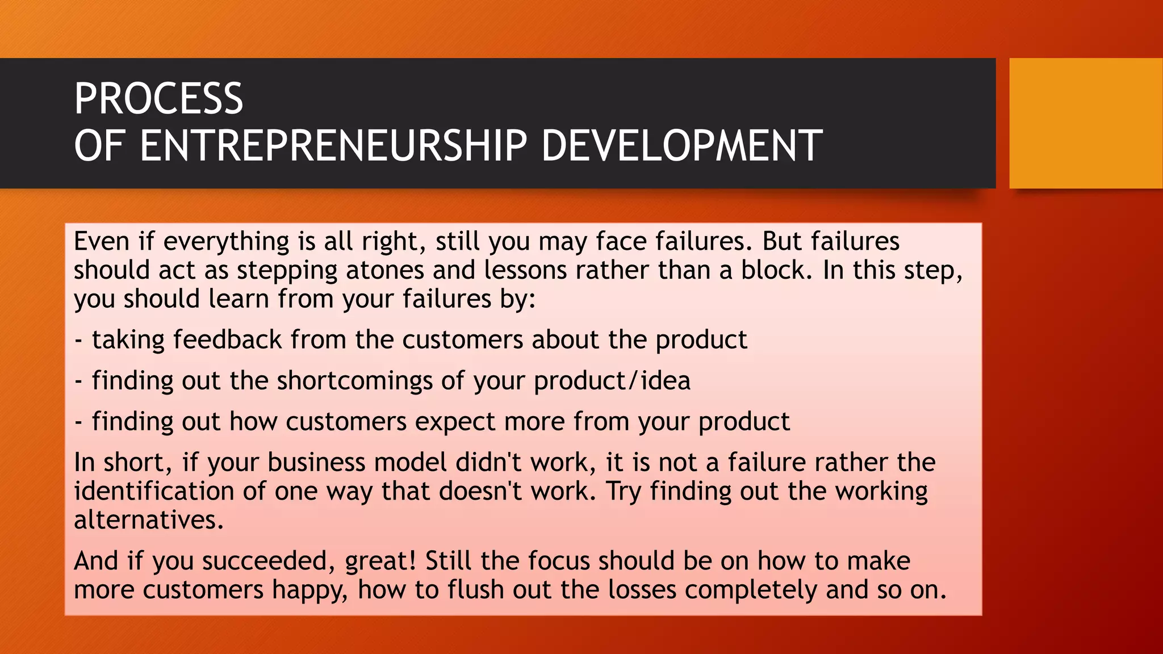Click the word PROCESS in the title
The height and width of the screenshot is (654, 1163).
pos(158,99)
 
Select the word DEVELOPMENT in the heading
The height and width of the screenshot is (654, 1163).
pos(681,146)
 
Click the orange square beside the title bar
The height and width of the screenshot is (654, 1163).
pos(1086,123)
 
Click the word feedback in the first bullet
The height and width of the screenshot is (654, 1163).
pos(227,340)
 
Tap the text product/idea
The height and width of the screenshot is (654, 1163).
pos(612,381)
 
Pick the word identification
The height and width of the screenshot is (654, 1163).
pos(154,491)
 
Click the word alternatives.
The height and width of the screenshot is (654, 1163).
pos(149,520)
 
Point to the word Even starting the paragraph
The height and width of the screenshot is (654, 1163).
pos(102,241)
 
